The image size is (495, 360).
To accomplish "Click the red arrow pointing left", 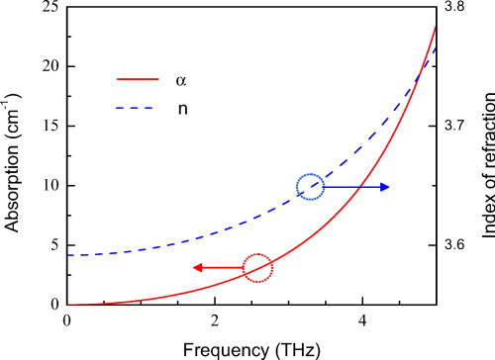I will [217, 267].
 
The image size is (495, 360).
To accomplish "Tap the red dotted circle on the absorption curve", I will [256, 267].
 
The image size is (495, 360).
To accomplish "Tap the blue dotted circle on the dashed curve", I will [310, 186].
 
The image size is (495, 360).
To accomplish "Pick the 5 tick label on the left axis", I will [50, 245].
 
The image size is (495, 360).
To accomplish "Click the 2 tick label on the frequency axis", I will [215, 320].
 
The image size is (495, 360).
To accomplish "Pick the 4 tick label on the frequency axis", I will [362, 320].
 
